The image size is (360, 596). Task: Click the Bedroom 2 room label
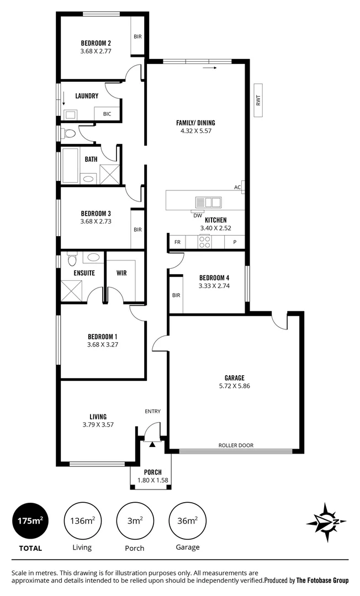pyautogui.click(x=96, y=43)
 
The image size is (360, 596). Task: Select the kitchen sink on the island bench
pyautogui.click(x=208, y=202)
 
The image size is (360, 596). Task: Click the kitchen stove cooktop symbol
pyautogui.click(x=205, y=242)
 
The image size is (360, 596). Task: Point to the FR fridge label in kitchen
pyautogui.click(x=177, y=242)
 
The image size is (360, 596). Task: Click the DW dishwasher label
pyautogui.click(x=197, y=216)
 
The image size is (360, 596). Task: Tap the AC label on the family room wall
pyautogui.click(x=237, y=187)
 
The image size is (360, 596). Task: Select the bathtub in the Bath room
pyautogui.click(x=70, y=165)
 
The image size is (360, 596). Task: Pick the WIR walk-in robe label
pyautogui.click(x=122, y=273)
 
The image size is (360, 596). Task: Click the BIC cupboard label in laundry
pyautogui.click(x=107, y=114)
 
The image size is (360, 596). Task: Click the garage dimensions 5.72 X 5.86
pyautogui.click(x=235, y=386)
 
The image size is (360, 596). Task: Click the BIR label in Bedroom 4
pyautogui.click(x=176, y=295)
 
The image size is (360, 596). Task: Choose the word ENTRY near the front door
pyautogui.click(x=152, y=411)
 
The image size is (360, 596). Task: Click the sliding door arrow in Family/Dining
pyautogui.click(x=209, y=68)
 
